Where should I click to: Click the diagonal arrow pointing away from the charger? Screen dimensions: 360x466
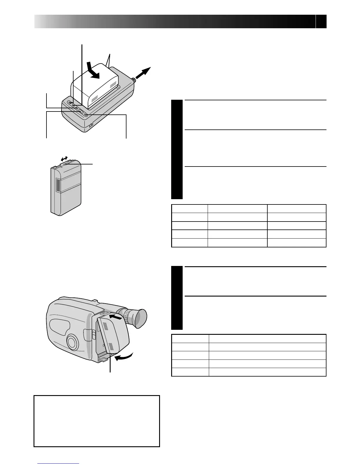pos(143,73)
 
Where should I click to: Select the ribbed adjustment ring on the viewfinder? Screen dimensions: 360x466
pos(126,316)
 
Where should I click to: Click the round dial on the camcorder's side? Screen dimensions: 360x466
pos(72,342)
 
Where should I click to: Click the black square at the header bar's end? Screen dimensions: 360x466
pos(321,22)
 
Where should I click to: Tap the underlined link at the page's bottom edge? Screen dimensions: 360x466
pos(59,464)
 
